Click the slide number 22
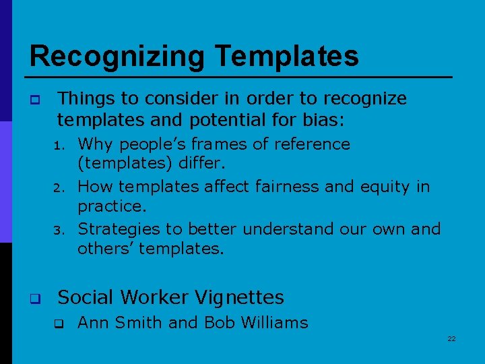(451, 338)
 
